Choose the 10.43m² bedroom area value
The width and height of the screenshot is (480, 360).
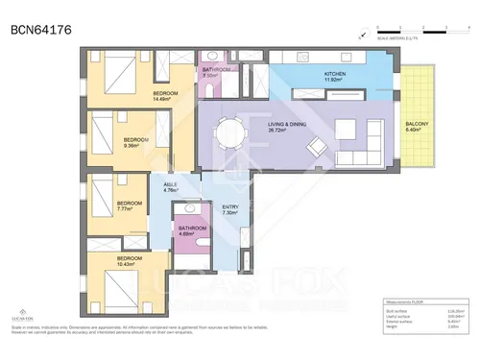point(131,264)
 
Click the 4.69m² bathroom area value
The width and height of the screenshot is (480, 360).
point(188,233)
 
